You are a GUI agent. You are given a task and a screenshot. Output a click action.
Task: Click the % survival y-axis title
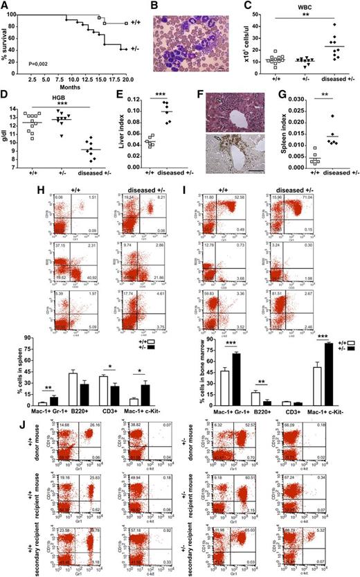tap(6, 43)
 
